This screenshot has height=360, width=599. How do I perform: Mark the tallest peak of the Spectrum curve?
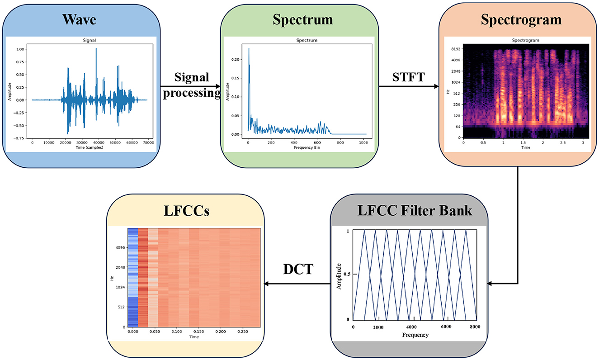click(x=249, y=48)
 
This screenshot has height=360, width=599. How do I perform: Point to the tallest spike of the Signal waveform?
click(x=96, y=49)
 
